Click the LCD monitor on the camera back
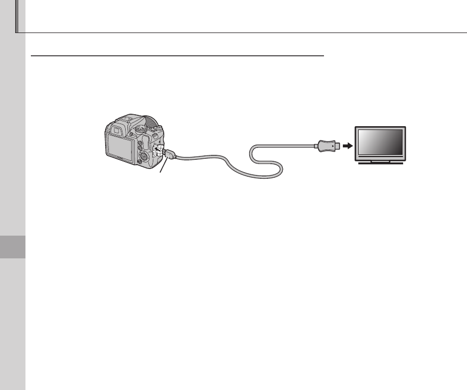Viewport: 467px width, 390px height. click(x=120, y=146)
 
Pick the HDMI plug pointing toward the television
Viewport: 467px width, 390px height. click(x=326, y=145)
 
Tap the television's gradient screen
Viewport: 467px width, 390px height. click(x=379, y=143)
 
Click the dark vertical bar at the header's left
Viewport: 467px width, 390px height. click(x=16, y=16)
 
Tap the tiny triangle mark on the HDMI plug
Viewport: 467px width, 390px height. click(x=332, y=145)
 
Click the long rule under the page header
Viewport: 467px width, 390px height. click(x=244, y=33)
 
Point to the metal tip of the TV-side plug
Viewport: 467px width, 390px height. click(x=338, y=145)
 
